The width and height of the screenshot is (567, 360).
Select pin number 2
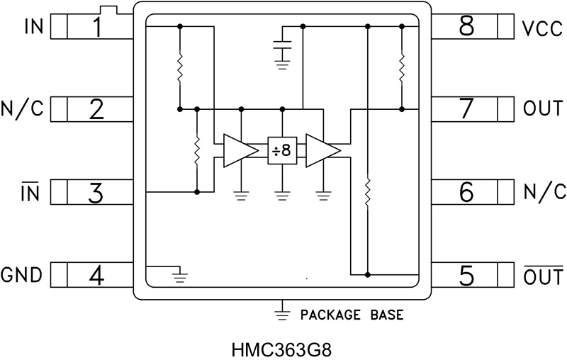click(x=96, y=109)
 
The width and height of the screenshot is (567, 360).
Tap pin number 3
click(x=96, y=192)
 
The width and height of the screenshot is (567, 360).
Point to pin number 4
click(x=96, y=275)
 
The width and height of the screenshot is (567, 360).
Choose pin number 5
click(x=466, y=275)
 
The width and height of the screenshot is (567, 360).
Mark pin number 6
click(x=466, y=192)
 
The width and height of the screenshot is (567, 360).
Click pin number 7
click(x=466, y=109)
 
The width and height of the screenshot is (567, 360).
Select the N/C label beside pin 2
click(x=23, y=109)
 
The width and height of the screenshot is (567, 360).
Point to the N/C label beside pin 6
click(x=544, y=192)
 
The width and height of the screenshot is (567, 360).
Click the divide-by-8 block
click(x=281, y=150)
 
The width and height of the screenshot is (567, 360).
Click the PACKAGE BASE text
click(x=352, y=313)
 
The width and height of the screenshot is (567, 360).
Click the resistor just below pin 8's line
click(x=402, y=67)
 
